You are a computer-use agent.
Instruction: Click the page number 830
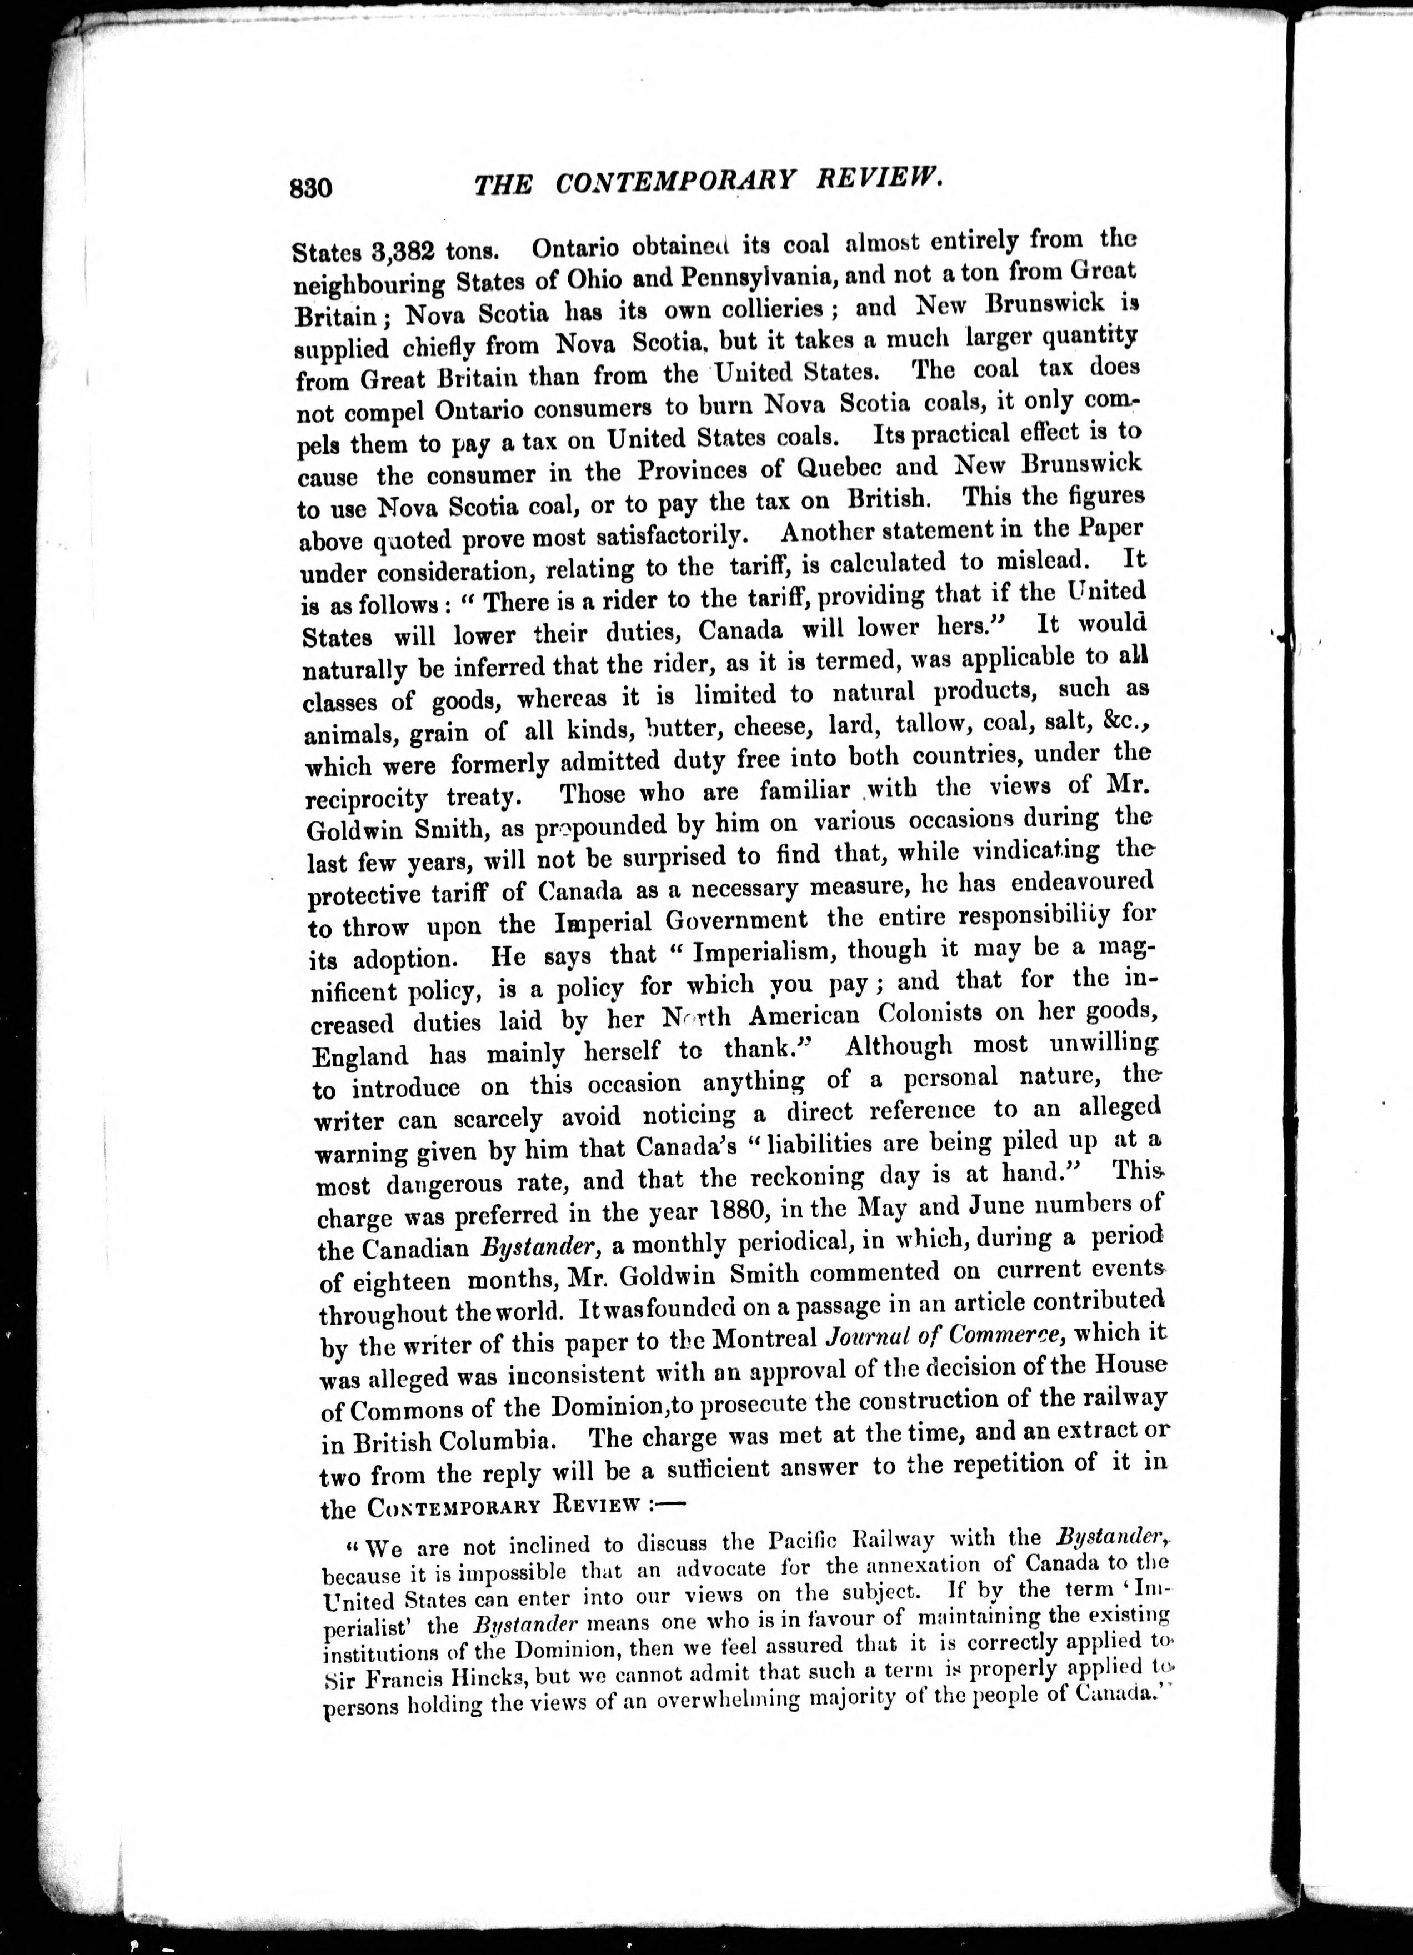311,187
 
